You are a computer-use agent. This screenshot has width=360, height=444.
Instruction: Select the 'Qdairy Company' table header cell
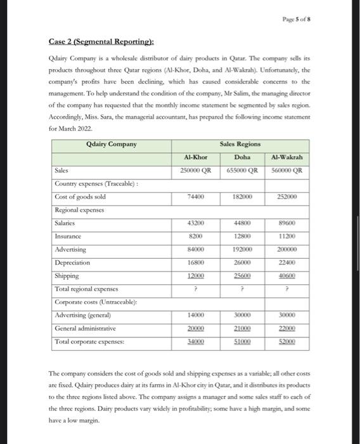point(112,144)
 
